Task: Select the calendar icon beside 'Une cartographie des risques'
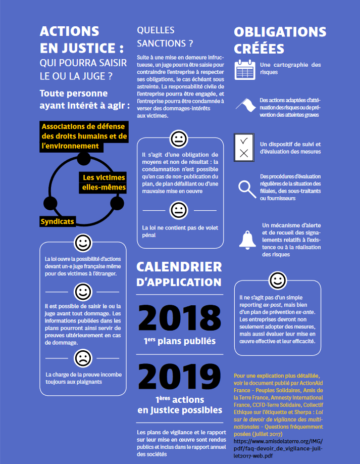[x=245, y=69]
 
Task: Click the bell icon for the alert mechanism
[x=247, y=239]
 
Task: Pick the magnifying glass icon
[x=247, y=189]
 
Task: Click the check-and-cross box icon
[x=244, y=147]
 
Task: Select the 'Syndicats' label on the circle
[x=58, y=221]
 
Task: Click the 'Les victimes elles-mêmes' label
[x=104, y=182]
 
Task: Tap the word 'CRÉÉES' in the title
[x=259, y=50]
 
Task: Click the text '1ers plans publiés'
[x=179, y=341]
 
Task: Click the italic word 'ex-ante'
[x=306, y=312]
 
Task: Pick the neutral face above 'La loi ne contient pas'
[x=179, y=209]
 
